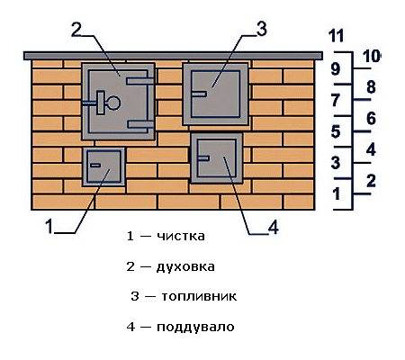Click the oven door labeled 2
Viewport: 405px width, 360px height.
click(118, 102)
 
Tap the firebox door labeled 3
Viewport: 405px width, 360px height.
click(215, 94)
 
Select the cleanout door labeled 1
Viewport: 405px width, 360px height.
click(103, 166)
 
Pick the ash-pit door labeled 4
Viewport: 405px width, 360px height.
click(217, 158)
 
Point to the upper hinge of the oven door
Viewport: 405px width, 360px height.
click(140, 81)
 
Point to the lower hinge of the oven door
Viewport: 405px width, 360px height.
click(140, 124)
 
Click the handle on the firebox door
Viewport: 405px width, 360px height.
click(199, 94)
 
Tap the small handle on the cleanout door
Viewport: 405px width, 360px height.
click(95, 165)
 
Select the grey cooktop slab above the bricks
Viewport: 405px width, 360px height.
click(173, 56)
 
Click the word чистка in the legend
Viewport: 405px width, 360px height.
click(181, 236)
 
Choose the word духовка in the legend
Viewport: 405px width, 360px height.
click(185, 266)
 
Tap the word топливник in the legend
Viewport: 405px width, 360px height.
click(199, 296)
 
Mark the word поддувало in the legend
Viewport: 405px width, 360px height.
click(195, 327)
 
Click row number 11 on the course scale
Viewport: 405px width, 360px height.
click(336, 36)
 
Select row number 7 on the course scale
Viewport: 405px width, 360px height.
click(336, 100)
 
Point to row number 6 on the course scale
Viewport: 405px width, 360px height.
click(371, 119)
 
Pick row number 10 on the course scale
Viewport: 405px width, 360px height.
click(372, 56)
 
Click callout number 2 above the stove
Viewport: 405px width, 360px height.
click(76, 30)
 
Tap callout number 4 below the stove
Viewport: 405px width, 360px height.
click(274, 228)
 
